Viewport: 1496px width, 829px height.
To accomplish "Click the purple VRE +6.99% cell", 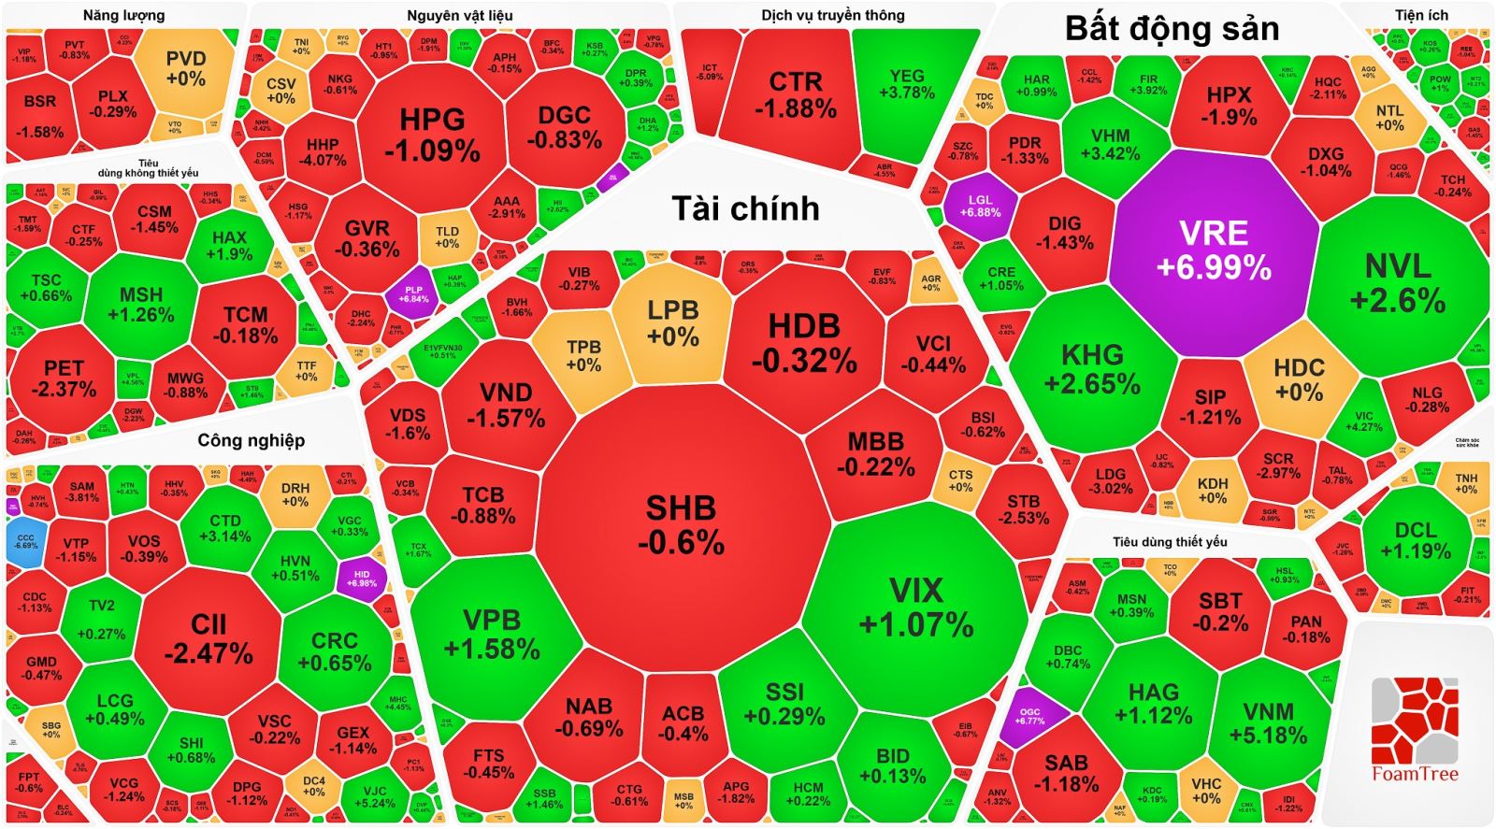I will [x=1214, y=250].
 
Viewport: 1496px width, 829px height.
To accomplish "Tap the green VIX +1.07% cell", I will [x=916, y=607].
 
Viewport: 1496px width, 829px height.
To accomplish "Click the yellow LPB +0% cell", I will [x=672, y=322].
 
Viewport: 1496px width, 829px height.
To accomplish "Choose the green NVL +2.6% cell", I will [x=1398, y=282].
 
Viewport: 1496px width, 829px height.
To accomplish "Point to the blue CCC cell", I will [x=24, y=541].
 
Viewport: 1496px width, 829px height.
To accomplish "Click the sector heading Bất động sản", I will [x=1172, y=29].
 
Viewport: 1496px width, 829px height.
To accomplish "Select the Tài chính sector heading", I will [x=745, y=208].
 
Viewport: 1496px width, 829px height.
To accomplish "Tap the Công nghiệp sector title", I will [x=251, y=440].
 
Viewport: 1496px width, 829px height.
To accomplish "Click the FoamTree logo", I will [x=1414, y=729].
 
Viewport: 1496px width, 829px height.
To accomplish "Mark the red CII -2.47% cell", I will [x=209, y=637].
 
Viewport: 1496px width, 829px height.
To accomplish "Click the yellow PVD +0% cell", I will [x=185, y=68].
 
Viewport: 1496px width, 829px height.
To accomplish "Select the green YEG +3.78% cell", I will [x=906, y=83].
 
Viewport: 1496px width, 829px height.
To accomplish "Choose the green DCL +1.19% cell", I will [x=1415, y=540].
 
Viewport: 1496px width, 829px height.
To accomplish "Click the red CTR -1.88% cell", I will [x=796, y=94].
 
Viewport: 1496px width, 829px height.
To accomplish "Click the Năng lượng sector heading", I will [x=123, y=15].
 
